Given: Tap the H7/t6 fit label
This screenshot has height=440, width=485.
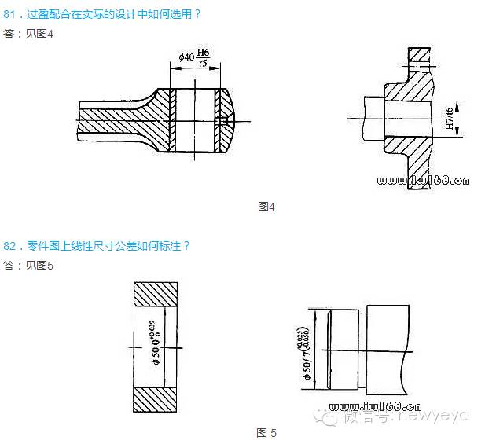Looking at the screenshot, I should point(449,119).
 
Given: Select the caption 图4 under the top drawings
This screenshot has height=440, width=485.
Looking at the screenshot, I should point(266,207).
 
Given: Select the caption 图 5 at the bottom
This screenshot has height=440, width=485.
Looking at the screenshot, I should point(266,432).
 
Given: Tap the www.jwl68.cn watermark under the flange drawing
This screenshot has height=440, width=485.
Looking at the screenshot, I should point(424,180).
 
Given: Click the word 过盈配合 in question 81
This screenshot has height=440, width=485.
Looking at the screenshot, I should point(46,13).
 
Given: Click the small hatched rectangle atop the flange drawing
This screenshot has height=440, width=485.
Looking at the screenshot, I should point(420,55).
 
